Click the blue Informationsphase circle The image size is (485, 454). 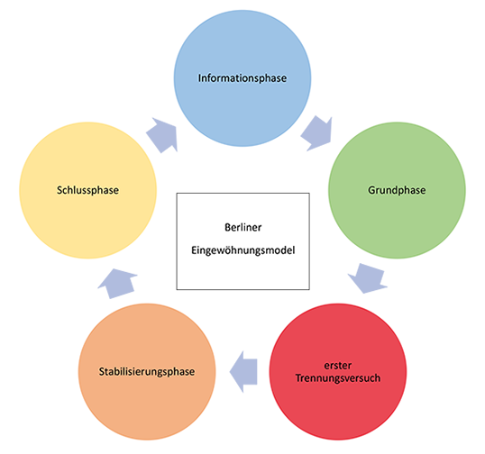tap(242, 78)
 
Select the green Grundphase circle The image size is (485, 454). tap(397, 190)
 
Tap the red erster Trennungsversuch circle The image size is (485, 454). tap(338, 371)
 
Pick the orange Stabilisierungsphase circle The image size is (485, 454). tap(147, 371)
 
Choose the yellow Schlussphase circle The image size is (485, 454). tap(88, 190)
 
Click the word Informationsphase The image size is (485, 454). tap(242, 78)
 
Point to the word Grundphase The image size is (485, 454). tap(397, 190)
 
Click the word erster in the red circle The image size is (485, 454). tap(338, 366)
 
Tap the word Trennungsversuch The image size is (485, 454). tap(338, 378)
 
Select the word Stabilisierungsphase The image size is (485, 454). tap(147, 371)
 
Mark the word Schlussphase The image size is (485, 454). tap(87, 190)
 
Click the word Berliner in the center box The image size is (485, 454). tap(243, 228)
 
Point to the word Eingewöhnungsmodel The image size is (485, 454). tap(243, 250)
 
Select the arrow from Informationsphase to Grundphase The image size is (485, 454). tap(317, 133)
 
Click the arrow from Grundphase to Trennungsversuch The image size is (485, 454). tap(367, 278)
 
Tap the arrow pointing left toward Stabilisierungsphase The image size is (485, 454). tap(243, 372)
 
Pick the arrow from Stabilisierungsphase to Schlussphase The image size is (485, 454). tap(117, 284)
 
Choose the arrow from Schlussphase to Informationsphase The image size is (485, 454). tap(162, 135)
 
